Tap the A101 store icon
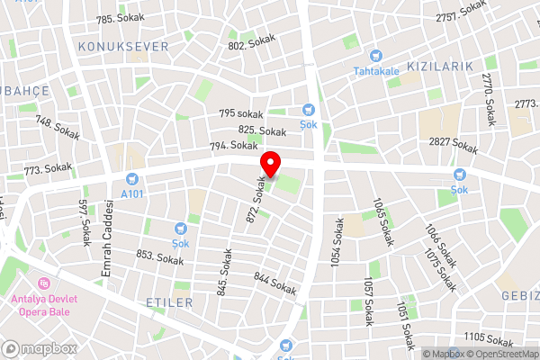(x=133, y=179)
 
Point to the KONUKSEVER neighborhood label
(x=123, y=46)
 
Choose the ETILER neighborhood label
(x=169, y=303)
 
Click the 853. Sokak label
(x=159, y=257)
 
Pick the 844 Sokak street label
(x=275, y=283)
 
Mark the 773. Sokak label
(x=49, y=168)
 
